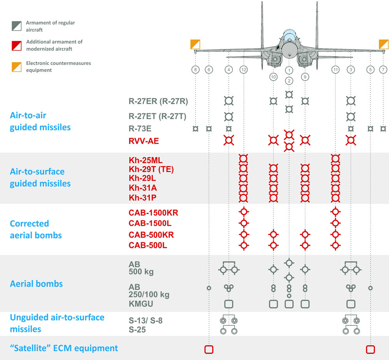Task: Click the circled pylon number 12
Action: [x=244, y=70]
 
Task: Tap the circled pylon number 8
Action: [x=196, y=70]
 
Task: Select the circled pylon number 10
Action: [x=273, y=77]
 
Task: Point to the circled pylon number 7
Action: [x=383, y=70]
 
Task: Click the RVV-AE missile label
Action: [x=144, y=141]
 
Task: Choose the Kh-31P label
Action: [x=142, y=198]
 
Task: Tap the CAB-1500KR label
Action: [x=153, y=213]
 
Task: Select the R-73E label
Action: [x=140, y=128]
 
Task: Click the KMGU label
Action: [x=141, y=304]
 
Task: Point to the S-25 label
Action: [x=137, y=330]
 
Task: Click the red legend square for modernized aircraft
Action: [x=17, y=46]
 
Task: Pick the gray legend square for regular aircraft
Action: [x=17, y=26]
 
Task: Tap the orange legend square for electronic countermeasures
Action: [x=17, y=67]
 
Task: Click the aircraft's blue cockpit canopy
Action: [x=289, y=35]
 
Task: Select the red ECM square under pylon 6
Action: [x=209, y=349]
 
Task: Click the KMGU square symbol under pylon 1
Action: [x=289, y=304]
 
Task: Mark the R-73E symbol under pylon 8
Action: [x=196, y=128]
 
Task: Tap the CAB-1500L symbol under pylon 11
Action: [x=335, y=223]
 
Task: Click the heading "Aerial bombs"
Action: [x=36, y=284]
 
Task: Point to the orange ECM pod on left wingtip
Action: [x=195, y=44]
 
